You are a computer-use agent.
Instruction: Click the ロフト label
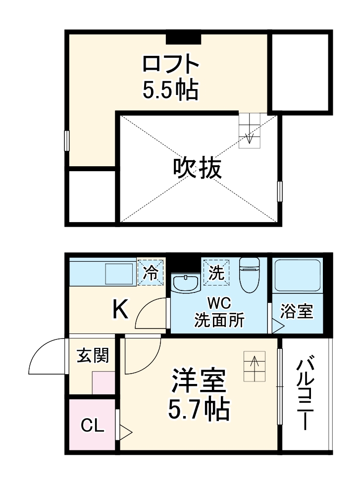click(171, 64)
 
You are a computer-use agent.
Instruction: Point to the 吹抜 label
click(197, 170)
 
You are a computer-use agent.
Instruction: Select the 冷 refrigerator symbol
click(150, 272)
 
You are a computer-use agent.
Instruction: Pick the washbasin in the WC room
click(185, 282)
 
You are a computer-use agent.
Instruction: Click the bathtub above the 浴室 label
click(297, 275)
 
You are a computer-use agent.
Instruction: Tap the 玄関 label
click(93, 355)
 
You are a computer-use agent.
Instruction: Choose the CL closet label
click(93, 425)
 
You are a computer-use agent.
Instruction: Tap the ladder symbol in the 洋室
click(255, 366)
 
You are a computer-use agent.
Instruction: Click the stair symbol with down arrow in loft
click(249, 130)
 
